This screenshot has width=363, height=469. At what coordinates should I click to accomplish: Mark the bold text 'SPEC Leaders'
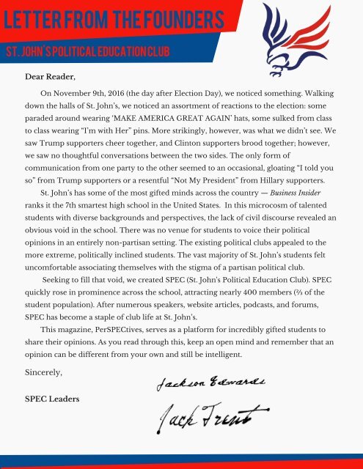pos(52,399)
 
